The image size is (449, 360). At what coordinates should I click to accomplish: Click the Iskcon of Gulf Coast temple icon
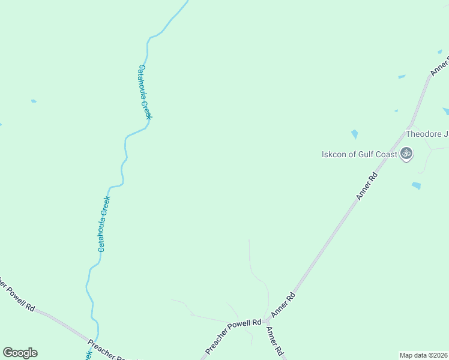pos(406,154)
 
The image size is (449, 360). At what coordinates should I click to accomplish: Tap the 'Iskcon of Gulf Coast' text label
pos(360,155)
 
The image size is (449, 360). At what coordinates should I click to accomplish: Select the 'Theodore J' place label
pos(427,134)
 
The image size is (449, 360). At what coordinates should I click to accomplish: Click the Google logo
pos(20,353)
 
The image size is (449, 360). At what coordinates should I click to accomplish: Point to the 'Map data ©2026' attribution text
pos(424,355)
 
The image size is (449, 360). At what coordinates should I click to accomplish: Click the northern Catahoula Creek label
pos(145,92)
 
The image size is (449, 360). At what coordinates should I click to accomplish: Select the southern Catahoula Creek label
pos(104,224)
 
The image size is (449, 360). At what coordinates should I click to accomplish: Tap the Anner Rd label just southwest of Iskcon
pos(366,186)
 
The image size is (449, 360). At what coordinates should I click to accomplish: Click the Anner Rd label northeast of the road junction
pos(284,304)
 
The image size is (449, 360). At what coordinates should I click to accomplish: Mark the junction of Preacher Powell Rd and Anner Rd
pos(265,323)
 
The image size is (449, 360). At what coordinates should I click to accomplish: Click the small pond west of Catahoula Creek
pos(34,101)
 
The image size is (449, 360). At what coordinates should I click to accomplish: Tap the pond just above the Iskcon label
pos(355,134)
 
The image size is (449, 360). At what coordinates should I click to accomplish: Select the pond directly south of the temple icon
pos(416,185)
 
